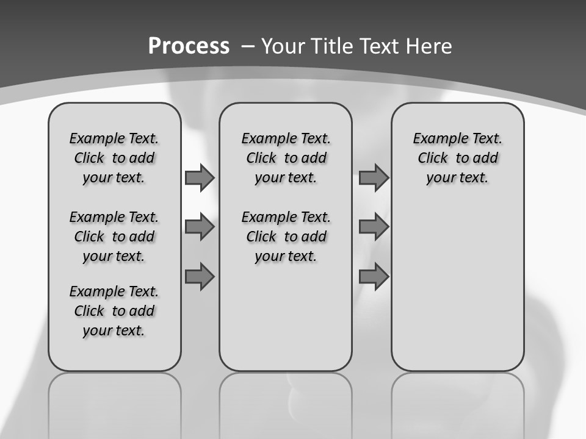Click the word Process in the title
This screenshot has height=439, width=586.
189,46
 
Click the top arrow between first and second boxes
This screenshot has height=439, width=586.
200,178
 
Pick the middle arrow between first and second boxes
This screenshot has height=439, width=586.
200,227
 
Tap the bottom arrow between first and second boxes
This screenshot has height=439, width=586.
200,277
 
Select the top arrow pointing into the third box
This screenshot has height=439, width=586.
374,178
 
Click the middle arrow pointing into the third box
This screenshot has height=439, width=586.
374,227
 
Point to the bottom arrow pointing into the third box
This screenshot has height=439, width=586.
374,277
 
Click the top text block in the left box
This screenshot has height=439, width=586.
114,158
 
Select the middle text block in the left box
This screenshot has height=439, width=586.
114,237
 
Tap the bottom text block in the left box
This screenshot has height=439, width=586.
114,311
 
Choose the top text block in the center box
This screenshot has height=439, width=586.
286,158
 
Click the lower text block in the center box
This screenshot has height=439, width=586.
286,237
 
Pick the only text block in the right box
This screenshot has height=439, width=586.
457,158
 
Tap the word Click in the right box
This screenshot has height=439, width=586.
433,159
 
